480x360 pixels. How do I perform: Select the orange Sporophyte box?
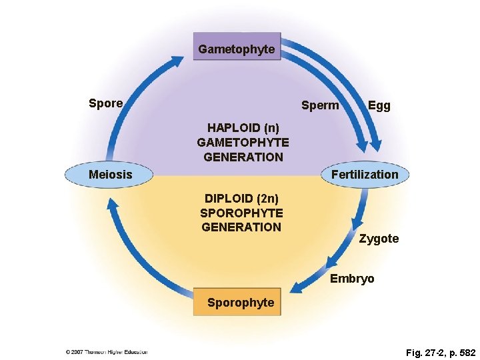(x=238, y=303)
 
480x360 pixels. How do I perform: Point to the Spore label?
(x=105, y=103)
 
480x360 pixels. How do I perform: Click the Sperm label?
(x=320, y=105)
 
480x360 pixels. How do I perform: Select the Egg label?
(x=379, y=105)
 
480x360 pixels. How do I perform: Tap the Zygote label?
(x=379, y=239)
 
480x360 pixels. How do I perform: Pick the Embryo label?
(x=352, y=279)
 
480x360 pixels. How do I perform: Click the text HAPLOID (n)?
(x=243, y=127)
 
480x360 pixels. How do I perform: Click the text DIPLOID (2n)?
(x=241, y=199)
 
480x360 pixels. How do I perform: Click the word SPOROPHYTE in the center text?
(x=241, y=213)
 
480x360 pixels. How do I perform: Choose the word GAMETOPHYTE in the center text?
(x=243, y=142)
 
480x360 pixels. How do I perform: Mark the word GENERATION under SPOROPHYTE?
(x=241, y=227)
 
